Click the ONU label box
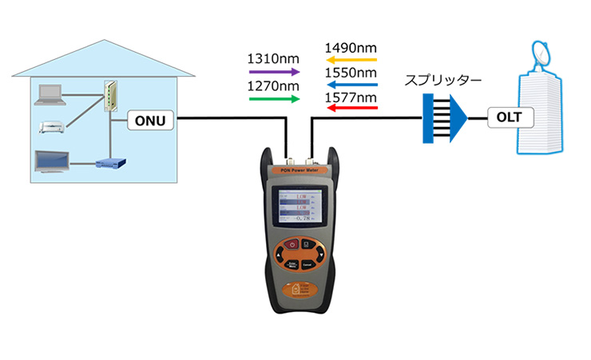(151, 120)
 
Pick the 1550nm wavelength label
(351, 73)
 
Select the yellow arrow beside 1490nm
(350, 59)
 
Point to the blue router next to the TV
(109, 165)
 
